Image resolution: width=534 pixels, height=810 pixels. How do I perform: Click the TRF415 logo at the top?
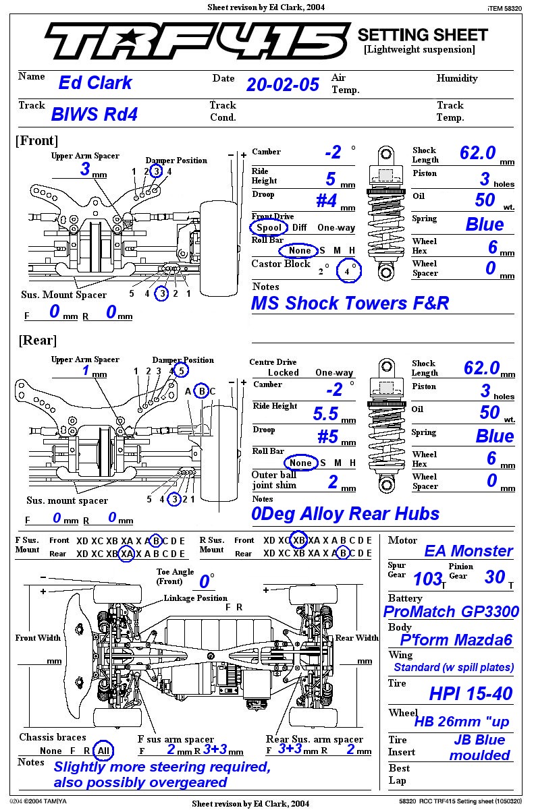click(196, 42)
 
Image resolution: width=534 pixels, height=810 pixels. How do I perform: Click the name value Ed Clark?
click(95, 83)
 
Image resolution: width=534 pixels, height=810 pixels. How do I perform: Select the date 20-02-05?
click(282, 84)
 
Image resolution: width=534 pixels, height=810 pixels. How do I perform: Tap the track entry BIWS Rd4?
click(95, 114)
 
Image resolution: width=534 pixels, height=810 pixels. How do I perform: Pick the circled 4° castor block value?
click(350, 270)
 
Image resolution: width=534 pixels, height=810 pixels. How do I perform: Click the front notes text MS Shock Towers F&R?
click(350, 303)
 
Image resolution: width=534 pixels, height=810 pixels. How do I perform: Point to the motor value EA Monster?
click(468, 551)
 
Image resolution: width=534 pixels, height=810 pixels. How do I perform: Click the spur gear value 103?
click(427, 578)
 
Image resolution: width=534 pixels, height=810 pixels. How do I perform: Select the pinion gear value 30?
click(494, 577)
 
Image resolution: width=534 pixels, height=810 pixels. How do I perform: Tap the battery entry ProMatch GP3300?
click(451, 612)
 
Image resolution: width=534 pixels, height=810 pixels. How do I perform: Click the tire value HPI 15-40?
click(471, 693)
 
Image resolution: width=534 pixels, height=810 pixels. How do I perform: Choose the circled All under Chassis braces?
click(103, 751)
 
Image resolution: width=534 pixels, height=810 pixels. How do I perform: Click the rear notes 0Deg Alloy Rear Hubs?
click(345, 514)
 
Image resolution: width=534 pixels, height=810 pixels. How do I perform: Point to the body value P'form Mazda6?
click(456, 640)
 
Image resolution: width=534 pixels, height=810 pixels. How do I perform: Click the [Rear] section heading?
click(38, 340)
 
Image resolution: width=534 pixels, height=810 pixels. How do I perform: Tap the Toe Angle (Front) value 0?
click(204, 581)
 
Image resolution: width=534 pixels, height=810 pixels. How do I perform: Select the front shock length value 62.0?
click(478, 153)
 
